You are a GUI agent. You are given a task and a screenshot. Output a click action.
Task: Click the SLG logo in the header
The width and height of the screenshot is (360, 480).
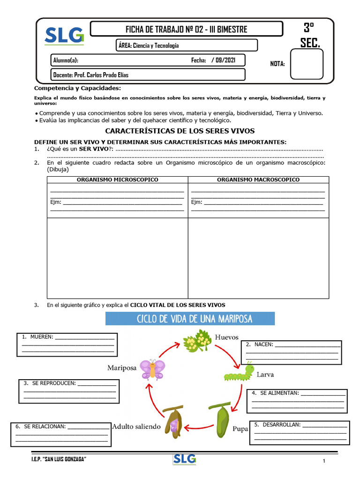point(64,36)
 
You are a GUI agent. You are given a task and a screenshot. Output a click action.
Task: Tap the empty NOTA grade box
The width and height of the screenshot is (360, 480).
point(306,64)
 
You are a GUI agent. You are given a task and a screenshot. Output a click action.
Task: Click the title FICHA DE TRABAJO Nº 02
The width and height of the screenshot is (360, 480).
point(186,29)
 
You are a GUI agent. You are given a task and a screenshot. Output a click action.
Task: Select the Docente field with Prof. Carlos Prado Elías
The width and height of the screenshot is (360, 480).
point(148,75)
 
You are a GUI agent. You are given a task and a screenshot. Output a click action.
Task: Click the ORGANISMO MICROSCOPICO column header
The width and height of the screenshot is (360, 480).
point(117,180)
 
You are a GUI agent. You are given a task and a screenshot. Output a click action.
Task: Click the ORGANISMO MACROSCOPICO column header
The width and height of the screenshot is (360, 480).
point(258,180)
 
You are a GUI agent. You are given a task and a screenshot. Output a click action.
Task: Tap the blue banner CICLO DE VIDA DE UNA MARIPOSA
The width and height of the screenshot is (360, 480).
point(190,319)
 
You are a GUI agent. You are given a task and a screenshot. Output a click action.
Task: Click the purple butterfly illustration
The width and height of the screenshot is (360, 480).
point(152,368)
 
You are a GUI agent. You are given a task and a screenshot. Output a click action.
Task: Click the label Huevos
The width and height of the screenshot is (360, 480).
point(227,337)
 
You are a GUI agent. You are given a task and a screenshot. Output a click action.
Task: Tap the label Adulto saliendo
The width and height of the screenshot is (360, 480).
point(136,427)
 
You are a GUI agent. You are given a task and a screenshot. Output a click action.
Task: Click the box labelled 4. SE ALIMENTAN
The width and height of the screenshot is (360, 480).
point(297,401)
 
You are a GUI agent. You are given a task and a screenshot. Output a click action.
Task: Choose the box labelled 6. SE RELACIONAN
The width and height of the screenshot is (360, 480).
point(61,435)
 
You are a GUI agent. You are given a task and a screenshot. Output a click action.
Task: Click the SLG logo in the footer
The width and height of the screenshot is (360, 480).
point(184,459)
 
